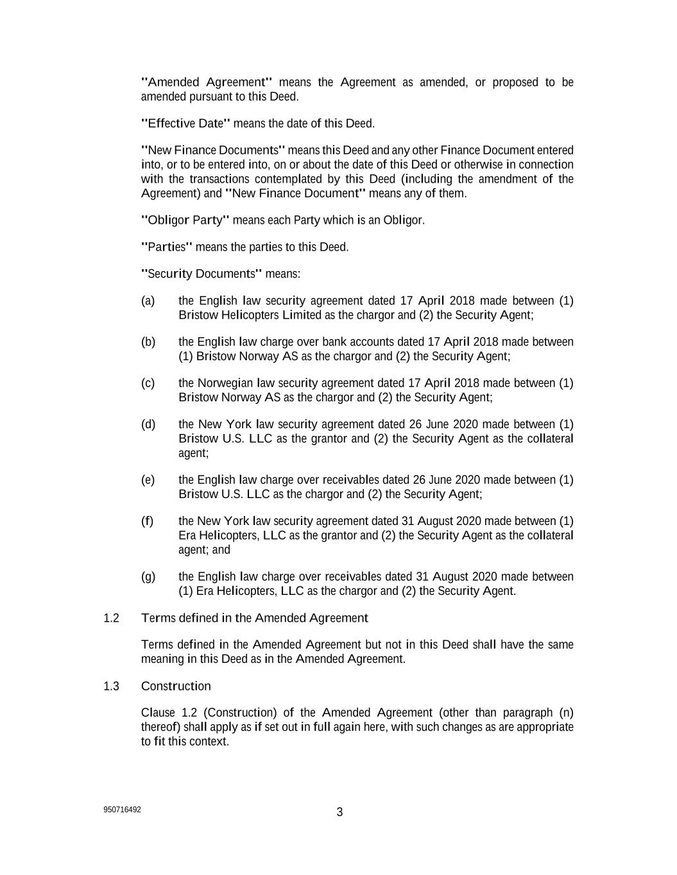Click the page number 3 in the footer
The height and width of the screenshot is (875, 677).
coord(339,812)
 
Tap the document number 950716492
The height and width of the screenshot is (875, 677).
coord(122,810)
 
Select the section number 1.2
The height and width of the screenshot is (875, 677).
coord(111,618)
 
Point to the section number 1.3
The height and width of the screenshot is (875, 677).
coord(111,687)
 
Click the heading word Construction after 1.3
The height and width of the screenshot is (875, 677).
coord(176,687)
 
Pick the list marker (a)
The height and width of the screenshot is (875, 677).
coord(148,301)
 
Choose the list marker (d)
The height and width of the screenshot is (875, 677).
coord(148,424)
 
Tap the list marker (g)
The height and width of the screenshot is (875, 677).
coord(148,576)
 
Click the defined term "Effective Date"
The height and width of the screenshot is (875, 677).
coord(185,123)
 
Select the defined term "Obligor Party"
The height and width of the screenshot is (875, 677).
coord(185,221)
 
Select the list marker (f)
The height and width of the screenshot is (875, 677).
coord(148,521)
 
